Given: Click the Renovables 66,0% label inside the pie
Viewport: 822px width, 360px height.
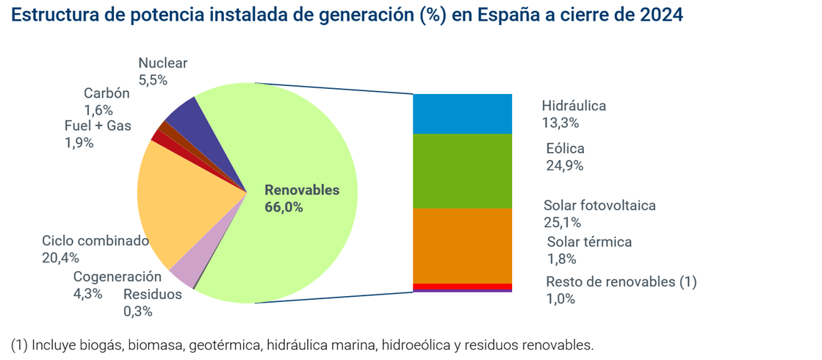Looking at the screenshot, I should click(302, 198).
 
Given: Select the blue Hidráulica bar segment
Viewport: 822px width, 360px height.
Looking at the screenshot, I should click(462, 113).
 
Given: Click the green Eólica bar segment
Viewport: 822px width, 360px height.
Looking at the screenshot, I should click(462, 170).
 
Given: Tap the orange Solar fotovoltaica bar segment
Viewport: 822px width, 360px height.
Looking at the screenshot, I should click(462, 245).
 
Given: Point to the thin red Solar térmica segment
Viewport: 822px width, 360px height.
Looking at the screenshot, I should click(462, 287).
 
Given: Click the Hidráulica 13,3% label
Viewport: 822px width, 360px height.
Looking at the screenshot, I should click(574, 114).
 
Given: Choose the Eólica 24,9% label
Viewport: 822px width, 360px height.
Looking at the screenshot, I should click(565, 156).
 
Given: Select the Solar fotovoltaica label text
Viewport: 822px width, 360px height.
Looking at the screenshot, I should click(599, 206).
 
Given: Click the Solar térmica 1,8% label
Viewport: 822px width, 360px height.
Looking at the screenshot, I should click(589, 250).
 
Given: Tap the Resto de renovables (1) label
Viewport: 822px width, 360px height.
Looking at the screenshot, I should click(621, 282).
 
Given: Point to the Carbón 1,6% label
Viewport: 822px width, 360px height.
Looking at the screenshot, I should click(106, 101).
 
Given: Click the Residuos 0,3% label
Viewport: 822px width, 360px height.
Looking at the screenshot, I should click(152, 303).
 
